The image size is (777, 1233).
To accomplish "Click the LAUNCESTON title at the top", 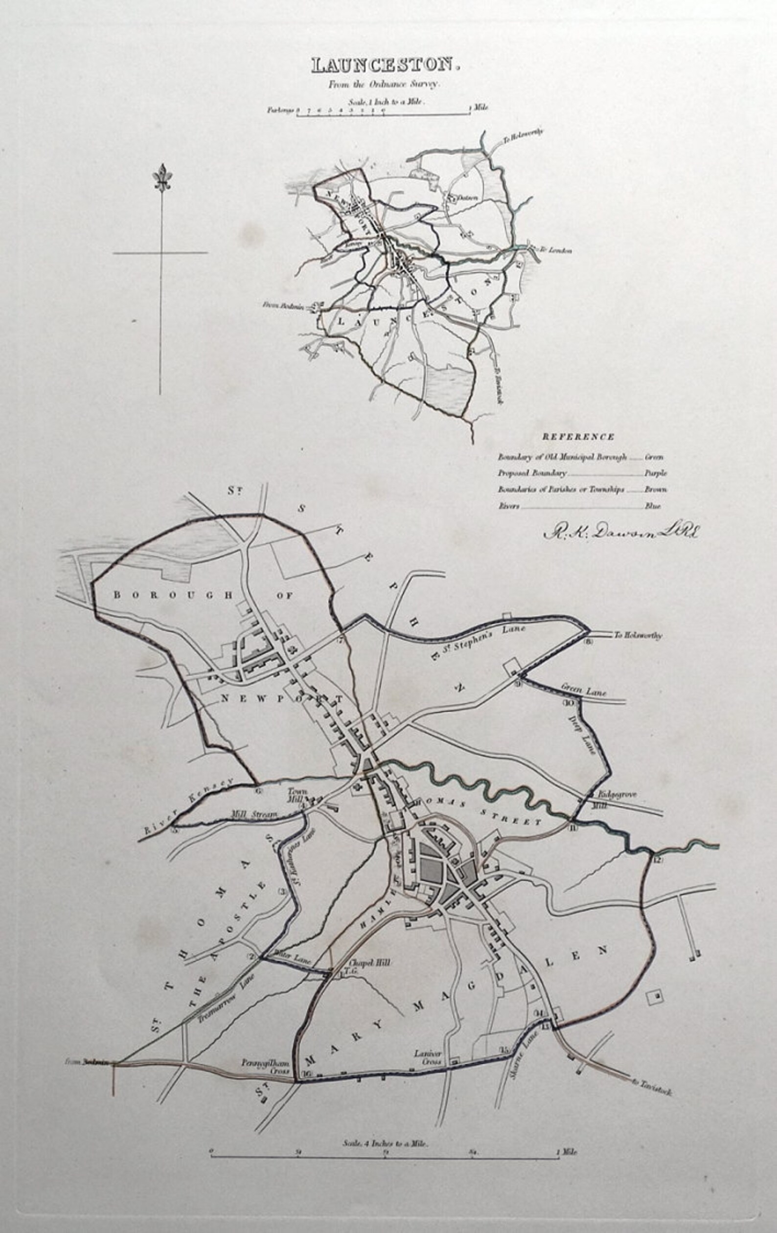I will [x=382, y=65].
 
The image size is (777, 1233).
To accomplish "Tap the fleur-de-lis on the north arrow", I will [x=162, y=178].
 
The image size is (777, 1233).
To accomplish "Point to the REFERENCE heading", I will [x=578, y=437].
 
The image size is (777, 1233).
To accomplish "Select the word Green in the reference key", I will [x=654, y=457].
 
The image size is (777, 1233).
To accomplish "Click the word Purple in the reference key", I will [x=655, y=473].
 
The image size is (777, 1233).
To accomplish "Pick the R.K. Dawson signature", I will [x=620, y=533].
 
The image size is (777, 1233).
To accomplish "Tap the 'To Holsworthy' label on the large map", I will [x=638, y=635].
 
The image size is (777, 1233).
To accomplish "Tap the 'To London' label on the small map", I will [x=555, y=250].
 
